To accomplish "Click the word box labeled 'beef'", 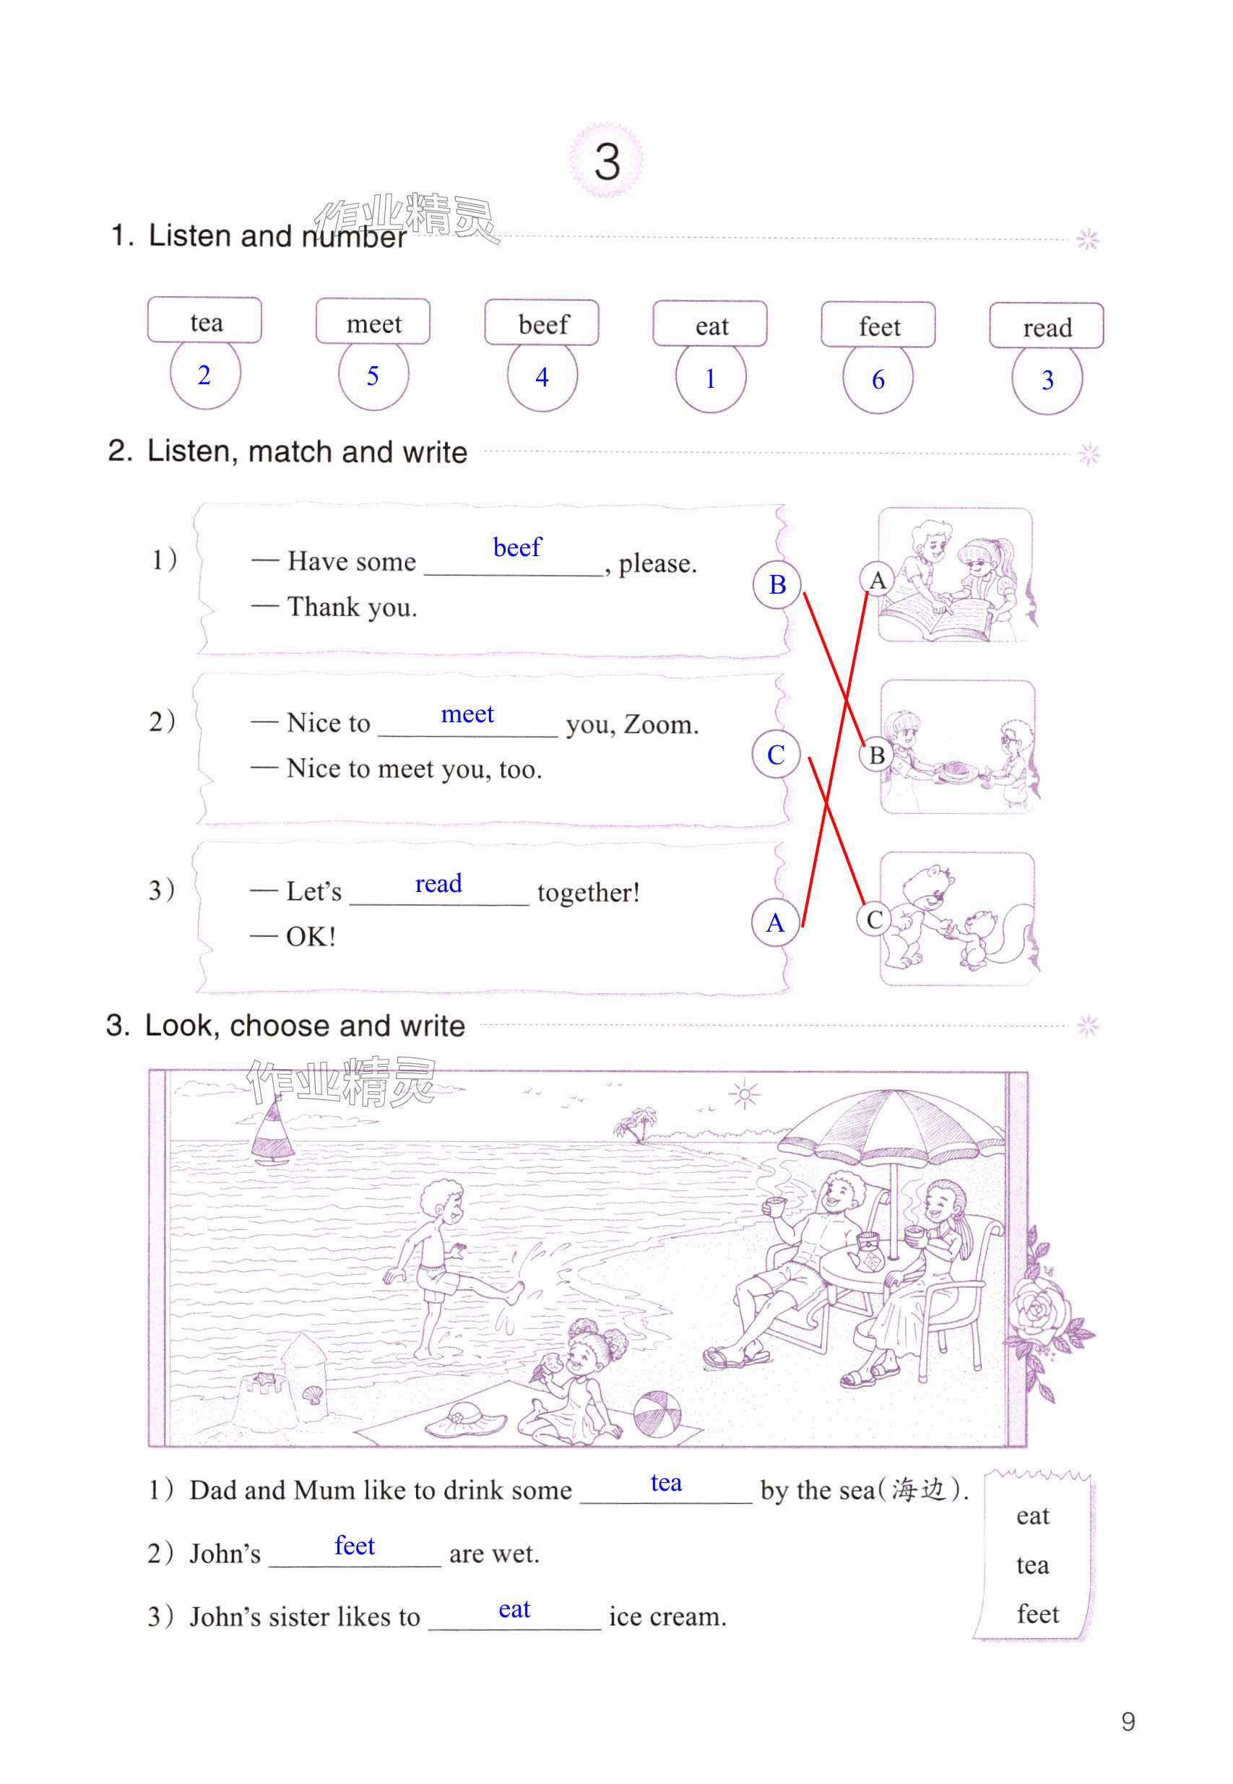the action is (x=542, y=322).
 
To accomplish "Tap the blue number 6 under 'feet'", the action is (x=878, y=380).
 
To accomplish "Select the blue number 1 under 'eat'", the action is (x=710, y=378).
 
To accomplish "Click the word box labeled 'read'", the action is (x=1046, y=326).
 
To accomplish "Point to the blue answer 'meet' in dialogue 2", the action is (x=467, y=714).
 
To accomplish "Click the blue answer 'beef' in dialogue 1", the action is (x=517, y=547).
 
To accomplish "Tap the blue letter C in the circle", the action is (x=776, y=755).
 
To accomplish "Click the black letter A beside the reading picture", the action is (x=877, y=580).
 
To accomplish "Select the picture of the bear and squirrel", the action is (x=958, y=919).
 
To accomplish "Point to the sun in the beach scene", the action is (x=744, y=1094).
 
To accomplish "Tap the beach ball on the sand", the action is (x=657, y=1414).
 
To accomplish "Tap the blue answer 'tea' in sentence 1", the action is (x=666, y=1482).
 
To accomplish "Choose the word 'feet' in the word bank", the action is (x=1037, y=1614).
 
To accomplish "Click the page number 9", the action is (x=1128, y=1721).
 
